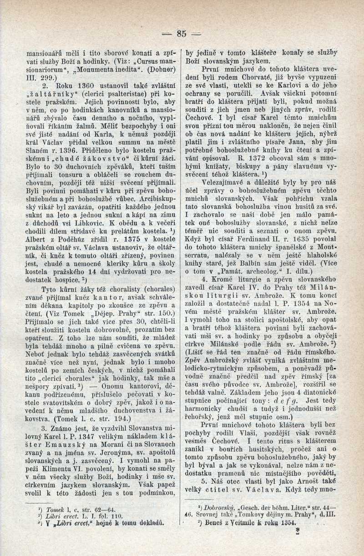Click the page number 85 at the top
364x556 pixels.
(x=182, y=33)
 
